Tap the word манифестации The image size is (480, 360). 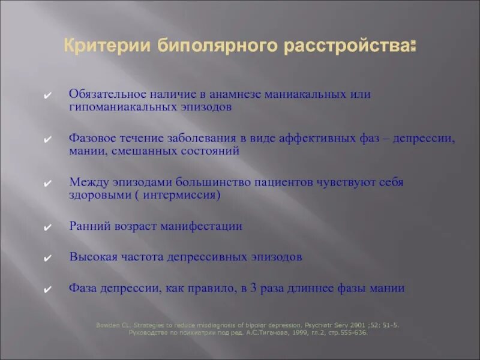pos(206,226)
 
